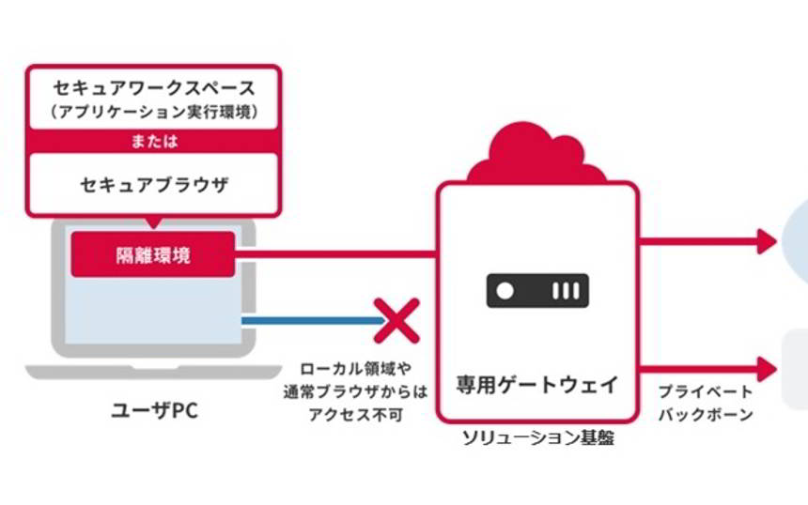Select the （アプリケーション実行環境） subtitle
coord(152,115)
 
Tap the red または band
coord(152,142)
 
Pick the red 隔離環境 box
coord(152,254)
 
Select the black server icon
coord(537,291)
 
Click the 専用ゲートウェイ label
coord(537,384)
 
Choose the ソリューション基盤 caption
coord(537,437)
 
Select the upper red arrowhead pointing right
coord(766,240)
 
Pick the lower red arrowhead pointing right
coord(766,368)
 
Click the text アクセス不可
coord(355,414)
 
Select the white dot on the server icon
coord(505,291)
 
